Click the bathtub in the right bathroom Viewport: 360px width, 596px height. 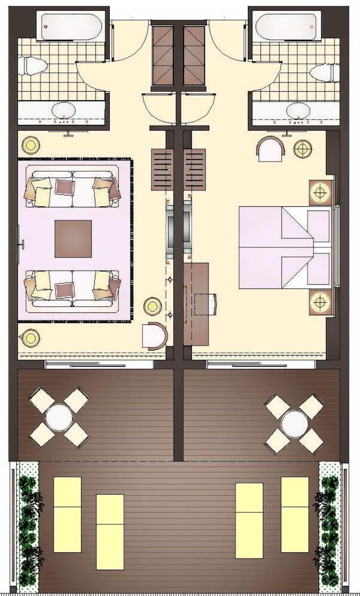tap(288, 26)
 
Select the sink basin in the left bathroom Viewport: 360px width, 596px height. tap(63, 110)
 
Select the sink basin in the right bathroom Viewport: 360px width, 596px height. tap(298, 111)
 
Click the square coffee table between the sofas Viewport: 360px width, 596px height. tap(73, 238)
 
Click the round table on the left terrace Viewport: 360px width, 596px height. tap(59, 418)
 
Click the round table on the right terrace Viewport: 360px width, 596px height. tap(294, 424)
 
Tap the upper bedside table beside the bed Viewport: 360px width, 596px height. tap(321, 192)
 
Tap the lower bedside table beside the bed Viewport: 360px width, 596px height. tap(321, 302)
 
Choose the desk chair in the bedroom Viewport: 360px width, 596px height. tap(206, 304)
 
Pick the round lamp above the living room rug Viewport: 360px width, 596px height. tap(30, 145)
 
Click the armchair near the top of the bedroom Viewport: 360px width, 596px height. tap(271, 149)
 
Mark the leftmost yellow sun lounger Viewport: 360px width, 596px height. tap(67, 514)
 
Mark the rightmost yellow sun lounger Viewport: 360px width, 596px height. tap(294, 514)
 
